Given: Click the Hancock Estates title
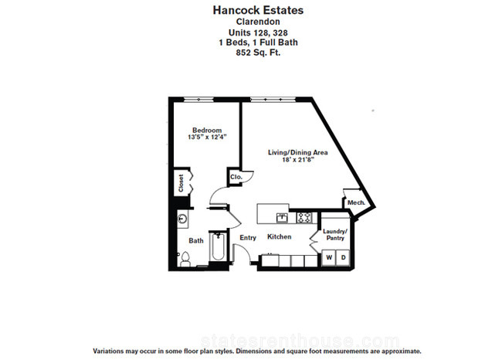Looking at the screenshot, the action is click(258, 10).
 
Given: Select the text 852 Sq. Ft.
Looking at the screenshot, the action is click(258, 53).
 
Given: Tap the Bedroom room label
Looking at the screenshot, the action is click(207, 130).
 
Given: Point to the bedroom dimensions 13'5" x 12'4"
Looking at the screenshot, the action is click(207, 137).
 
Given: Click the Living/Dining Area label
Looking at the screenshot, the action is click(298, 152).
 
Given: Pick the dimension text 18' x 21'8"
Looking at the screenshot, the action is click(298, 159).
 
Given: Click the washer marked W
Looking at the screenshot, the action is click(329, 257).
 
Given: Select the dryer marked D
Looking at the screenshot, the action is click(343, 257).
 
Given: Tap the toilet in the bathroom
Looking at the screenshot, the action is click(185, 259).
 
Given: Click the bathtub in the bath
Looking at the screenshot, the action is click(218, 247).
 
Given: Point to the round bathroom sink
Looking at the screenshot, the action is click(182, 219).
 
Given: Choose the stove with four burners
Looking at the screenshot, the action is click(304, 218).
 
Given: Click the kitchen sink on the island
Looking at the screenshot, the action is click(283, 218).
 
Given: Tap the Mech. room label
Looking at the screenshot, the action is click(356, 202).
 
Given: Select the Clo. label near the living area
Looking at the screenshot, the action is click(236, 177).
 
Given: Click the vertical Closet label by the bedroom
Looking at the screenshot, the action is click(181, 183).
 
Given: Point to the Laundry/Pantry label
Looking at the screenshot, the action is click(335, 234).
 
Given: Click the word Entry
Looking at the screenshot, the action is click(248, 238).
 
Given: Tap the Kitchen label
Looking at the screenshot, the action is click(279, 236).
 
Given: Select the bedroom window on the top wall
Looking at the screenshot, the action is click(198, 100).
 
